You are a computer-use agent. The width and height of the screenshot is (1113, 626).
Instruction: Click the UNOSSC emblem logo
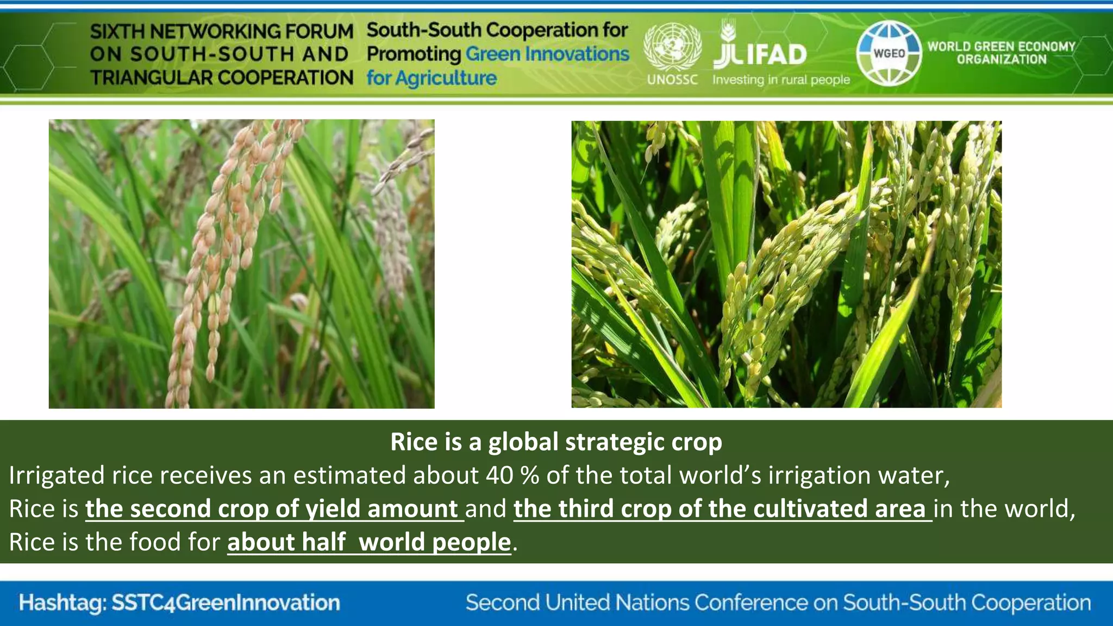pos(672,47)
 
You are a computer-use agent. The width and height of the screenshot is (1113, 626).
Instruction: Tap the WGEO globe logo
pos(889,53)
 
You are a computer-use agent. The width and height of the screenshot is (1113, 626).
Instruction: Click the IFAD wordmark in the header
pos(777,55)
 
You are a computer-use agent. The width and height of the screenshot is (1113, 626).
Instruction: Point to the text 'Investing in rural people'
pos(781,80)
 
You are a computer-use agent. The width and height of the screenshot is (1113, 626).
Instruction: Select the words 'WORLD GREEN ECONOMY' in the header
pos(1001,46)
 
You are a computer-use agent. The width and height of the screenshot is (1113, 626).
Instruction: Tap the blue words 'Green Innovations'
pos(547,54)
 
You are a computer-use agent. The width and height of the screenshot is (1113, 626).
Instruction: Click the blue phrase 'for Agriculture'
pos(432,78)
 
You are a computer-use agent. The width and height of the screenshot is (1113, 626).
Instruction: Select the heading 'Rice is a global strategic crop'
pos(556,442)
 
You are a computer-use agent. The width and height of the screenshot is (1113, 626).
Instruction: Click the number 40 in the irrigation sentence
pos(499,475)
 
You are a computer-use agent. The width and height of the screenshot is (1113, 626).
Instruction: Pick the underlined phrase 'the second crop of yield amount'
pos(272,509)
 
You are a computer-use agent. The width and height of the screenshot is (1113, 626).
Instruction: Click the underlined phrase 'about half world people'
pos(369,542)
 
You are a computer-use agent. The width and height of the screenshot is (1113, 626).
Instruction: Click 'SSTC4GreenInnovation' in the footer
pos(226,603)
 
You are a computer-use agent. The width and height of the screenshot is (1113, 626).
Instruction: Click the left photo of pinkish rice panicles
pos(241,264)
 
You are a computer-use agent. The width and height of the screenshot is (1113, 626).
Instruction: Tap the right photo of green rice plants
pos(786,264)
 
